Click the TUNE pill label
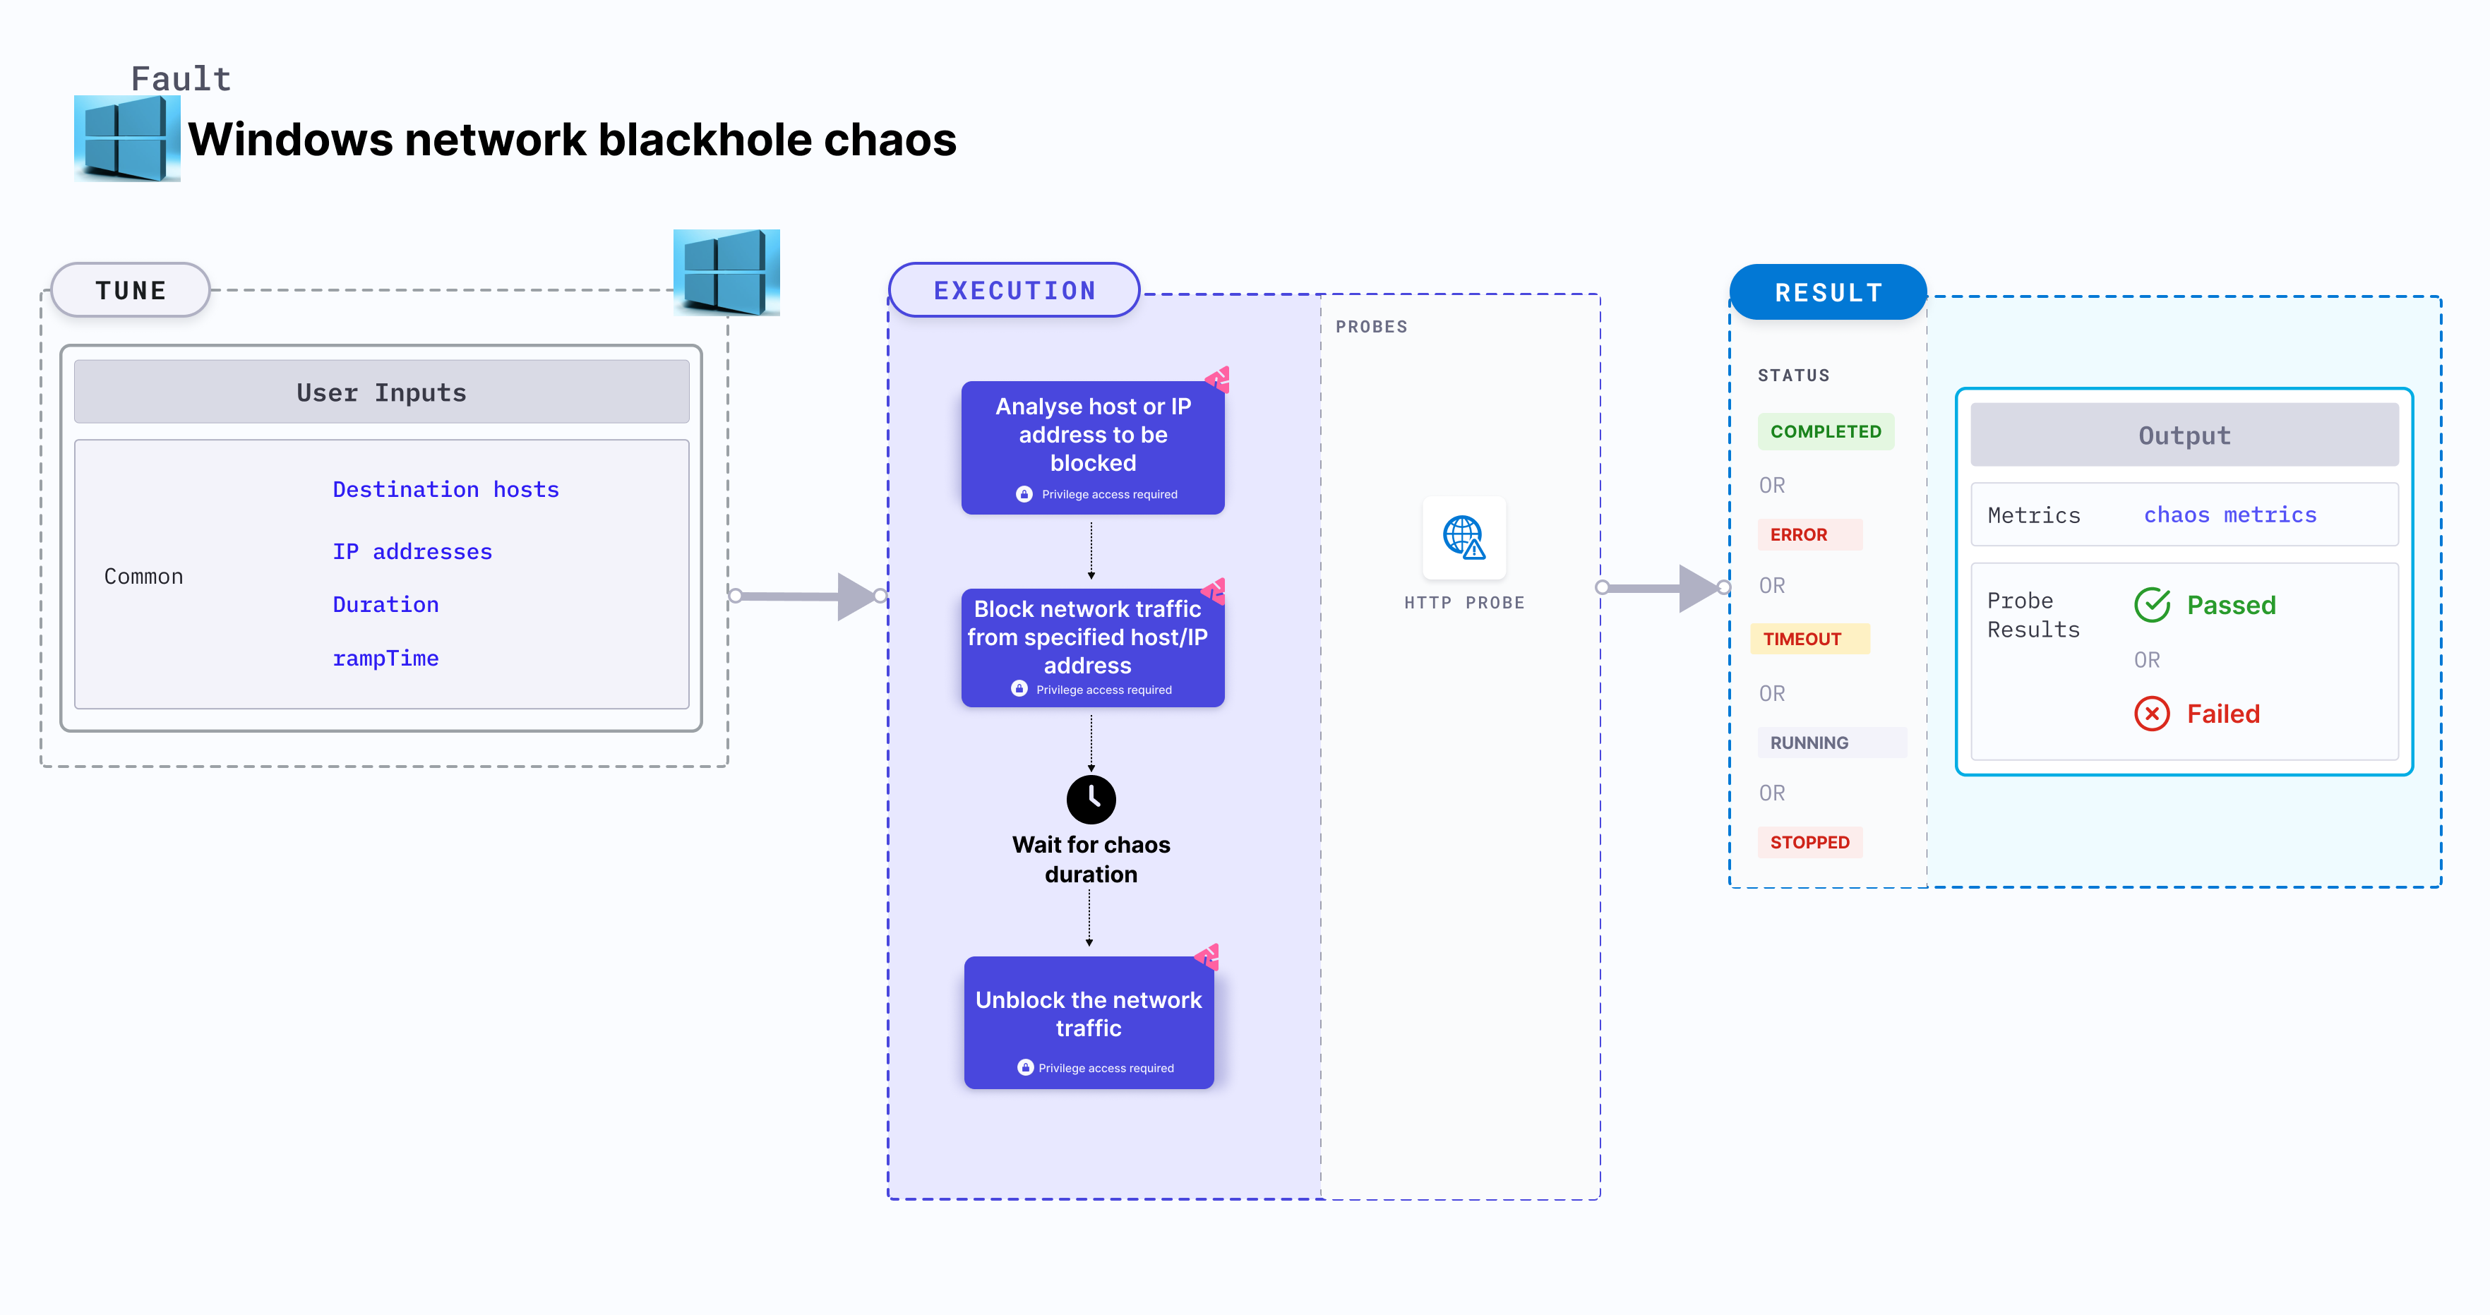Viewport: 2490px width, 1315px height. point(131,290)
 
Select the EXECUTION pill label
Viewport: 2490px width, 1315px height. point(1014,290)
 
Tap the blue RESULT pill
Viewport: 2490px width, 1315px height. point(1827,292)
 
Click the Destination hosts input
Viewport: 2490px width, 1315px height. point(445,489)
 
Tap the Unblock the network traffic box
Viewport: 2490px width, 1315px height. point(1089,1022)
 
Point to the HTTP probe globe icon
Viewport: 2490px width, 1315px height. point(1464,537)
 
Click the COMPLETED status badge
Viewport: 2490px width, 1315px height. point(1825,431)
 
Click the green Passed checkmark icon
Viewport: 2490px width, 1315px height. point(2152,605)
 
